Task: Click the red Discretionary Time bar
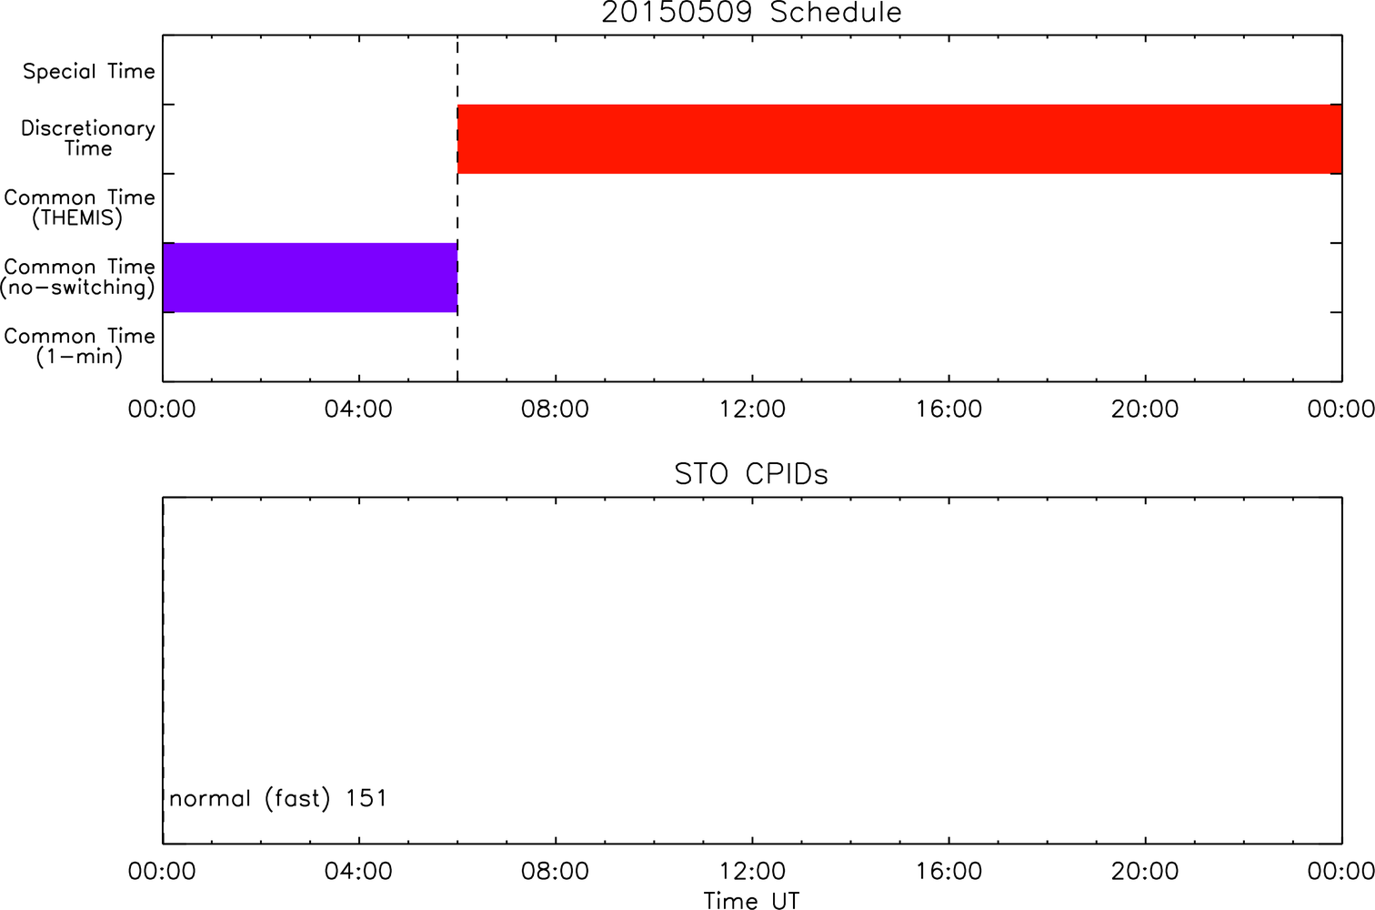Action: (899, 139)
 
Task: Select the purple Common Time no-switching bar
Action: (310, 278)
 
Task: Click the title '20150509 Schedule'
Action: (751, 13)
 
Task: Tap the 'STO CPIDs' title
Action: (751, 474)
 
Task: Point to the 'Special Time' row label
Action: (89, 71)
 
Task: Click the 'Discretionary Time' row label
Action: (88, 138)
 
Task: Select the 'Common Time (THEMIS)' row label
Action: (79, 207)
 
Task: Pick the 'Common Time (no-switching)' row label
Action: (77, 278)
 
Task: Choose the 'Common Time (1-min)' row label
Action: (79, 347)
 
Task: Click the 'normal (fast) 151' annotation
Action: (278, 799)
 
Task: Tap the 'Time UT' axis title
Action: (751, 900)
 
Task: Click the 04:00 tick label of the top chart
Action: (358, 409)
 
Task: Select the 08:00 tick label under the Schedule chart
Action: (555, 409)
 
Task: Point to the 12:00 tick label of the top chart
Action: (752, 409)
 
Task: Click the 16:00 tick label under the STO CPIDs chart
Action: (948, 871)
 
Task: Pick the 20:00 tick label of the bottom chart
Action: (1145, 871)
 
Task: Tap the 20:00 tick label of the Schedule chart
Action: (1145, 409)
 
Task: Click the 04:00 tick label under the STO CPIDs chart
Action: (358, 871)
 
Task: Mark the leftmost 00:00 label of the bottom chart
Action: (162, 871)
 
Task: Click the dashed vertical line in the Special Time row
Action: (457, 70)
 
